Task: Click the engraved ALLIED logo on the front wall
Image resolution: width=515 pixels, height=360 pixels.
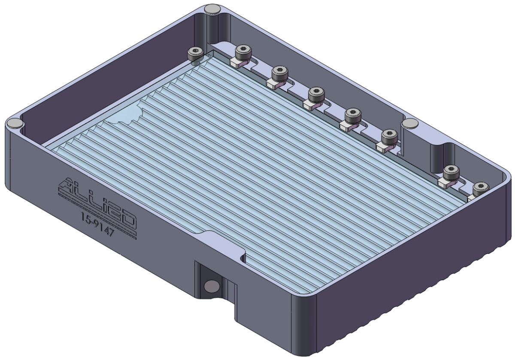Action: [97, 201]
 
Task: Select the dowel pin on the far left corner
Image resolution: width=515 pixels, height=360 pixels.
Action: [15, 123]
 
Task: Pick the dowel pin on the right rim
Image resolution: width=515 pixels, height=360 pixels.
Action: [409, 123]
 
